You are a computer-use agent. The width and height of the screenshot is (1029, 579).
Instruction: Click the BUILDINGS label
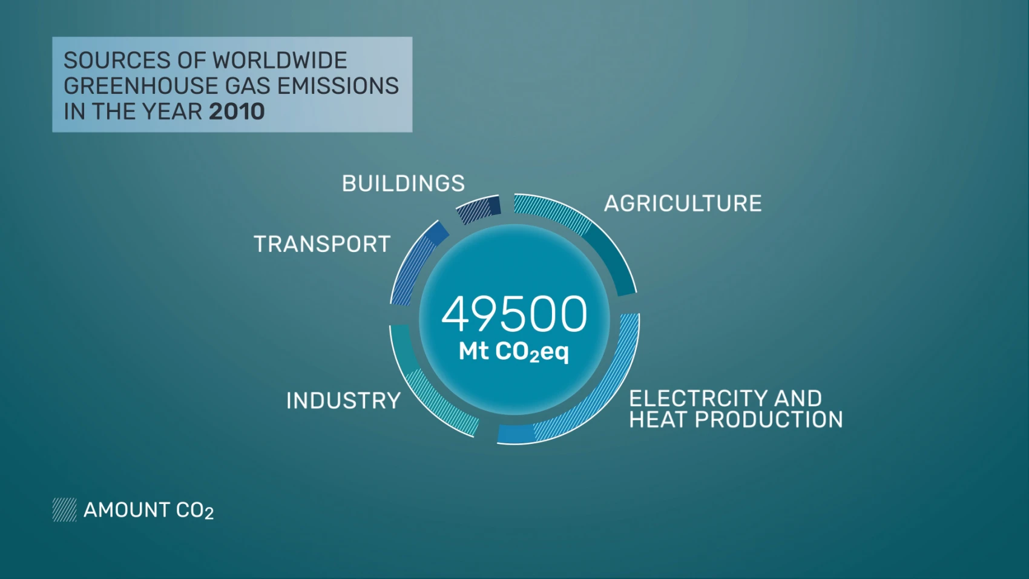tap(403, 184)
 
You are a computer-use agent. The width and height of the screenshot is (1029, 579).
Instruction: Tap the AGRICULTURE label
tap(683, 203)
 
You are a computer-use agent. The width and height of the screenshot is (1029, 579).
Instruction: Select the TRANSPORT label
tap(322, 243)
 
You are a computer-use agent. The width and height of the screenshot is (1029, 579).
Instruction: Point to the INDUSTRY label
tap(343, 401)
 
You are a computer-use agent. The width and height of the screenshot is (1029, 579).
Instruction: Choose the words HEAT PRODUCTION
tap(736, 420)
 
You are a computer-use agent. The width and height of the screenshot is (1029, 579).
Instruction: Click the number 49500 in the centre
tap(514, 314)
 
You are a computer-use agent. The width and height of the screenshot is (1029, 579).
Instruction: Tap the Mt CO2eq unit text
tap(513, 352)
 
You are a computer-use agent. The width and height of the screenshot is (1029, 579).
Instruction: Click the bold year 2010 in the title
tap(237, 111)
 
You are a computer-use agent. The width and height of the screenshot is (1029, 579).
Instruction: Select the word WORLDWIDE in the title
tap(280, 61)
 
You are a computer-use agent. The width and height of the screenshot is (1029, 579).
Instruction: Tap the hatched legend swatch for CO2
tap(64, 509)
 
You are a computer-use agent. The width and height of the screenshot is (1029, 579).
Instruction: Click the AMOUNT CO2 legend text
tap(148, 510)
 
